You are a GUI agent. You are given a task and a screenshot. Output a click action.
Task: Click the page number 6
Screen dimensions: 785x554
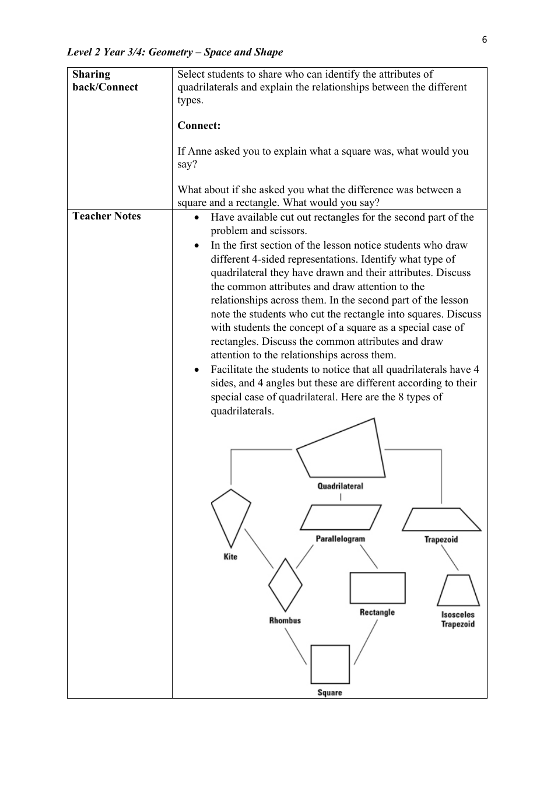tap(484, 40)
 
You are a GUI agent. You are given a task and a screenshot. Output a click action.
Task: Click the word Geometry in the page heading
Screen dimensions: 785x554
tap(170, 52)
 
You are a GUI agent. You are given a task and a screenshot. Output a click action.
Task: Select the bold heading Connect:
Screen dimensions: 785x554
tap(199, 125)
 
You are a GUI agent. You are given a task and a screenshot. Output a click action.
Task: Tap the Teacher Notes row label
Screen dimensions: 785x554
tap(107, 216)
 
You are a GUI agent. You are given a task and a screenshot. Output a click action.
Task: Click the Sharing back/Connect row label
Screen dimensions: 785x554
tap(105, 81)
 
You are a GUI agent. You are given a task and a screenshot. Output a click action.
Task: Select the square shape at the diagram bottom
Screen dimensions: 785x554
tap(330, 664)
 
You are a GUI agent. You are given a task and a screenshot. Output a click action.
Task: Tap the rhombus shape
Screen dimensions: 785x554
tap(285, 585)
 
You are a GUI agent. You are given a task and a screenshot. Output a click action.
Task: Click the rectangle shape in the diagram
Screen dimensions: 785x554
tap(377, 588)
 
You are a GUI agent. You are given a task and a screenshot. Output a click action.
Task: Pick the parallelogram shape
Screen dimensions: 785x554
tap(341, 517)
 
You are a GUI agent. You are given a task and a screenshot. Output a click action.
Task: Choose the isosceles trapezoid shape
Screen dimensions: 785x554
tap(458, 591)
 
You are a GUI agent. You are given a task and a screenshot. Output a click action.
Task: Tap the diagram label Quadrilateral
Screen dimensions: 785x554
tap(340, 486)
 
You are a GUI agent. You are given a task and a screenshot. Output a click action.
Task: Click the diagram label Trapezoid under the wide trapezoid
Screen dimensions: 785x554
tap(441, 539)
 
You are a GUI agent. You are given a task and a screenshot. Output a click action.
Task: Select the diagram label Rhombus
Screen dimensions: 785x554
tap(285, 620)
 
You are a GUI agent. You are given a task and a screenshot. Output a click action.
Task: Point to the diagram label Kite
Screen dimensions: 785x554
tap(230, 557)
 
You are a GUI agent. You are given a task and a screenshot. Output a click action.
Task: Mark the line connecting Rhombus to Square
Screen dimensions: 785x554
tap(296, 647)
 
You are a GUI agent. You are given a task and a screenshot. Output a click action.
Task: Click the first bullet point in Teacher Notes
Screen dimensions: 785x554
tap(198, 218)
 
